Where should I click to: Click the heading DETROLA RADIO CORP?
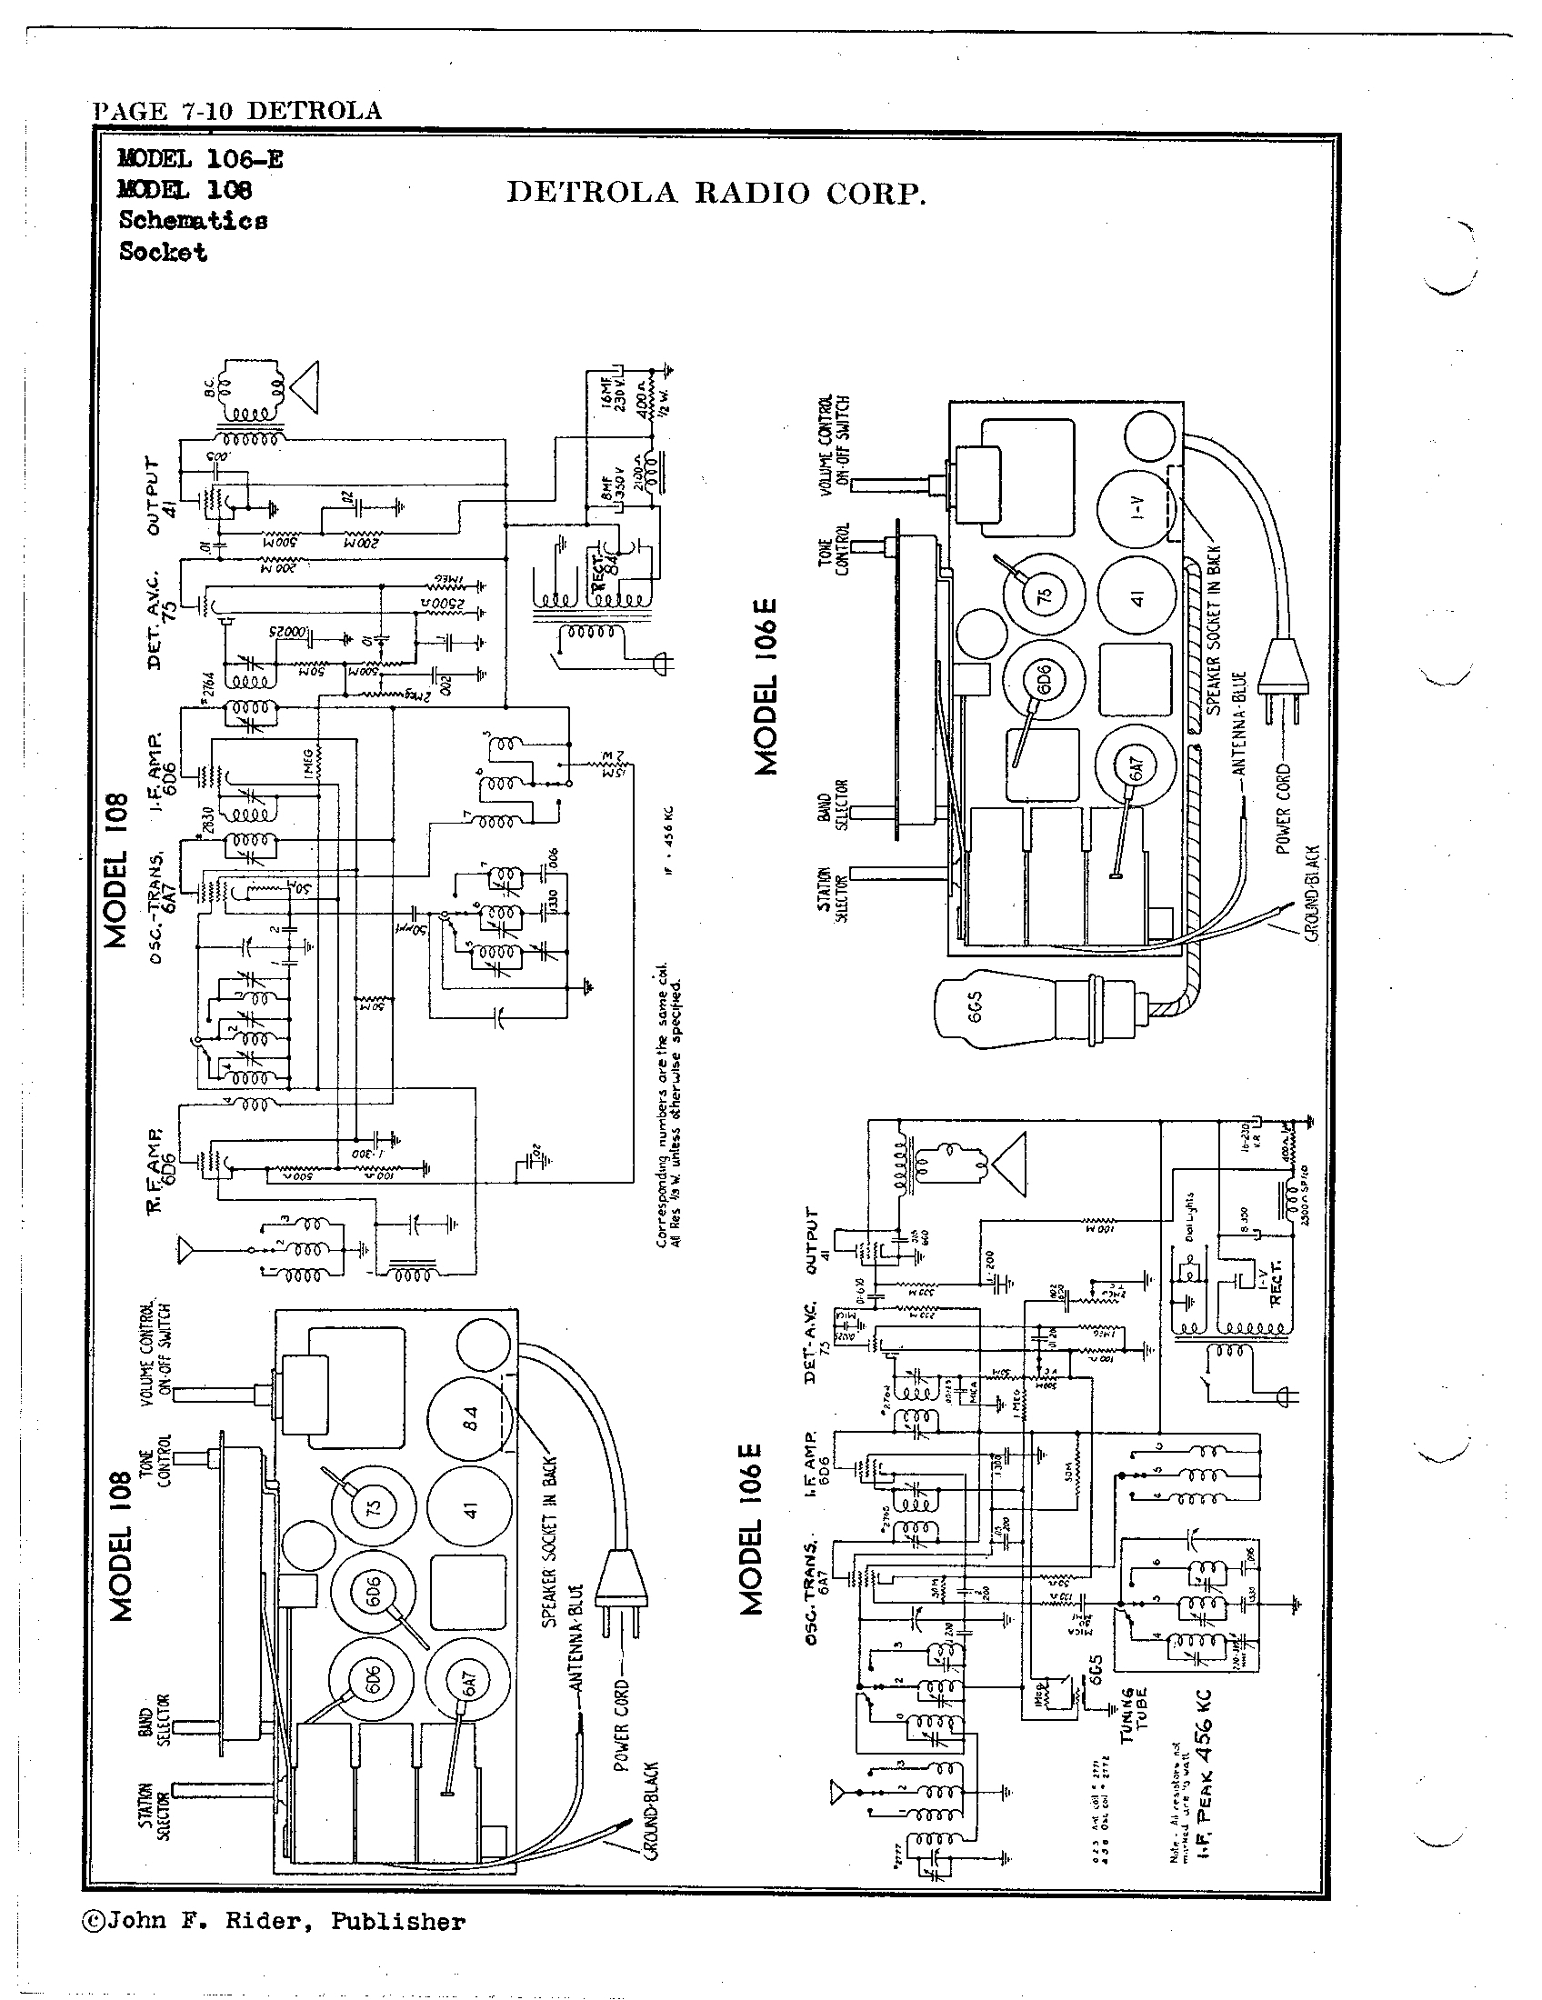pyautogui.click(x=716, y=194)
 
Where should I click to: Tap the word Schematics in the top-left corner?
pyautogui.click(x=194, y=221)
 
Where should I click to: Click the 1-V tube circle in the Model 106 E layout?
pyautogui.click(x=1136, y=506)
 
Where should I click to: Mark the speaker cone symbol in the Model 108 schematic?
pyautogui.click(x=304, y=390)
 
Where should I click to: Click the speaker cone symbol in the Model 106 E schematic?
pyautogui.click(x=1011, y=1165)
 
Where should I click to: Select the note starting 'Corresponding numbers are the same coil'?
pyautogui.click(x=668, y=1106)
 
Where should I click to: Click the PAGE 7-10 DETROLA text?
pyautogui.click(x=237, y=111)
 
